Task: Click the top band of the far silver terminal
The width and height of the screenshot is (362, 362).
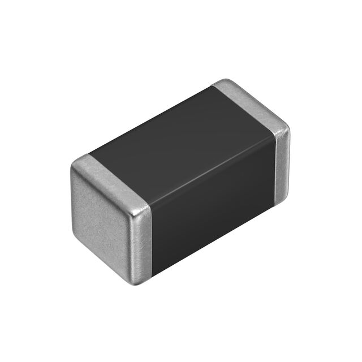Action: click(249, 102)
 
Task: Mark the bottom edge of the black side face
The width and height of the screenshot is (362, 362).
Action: click(215, 240)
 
